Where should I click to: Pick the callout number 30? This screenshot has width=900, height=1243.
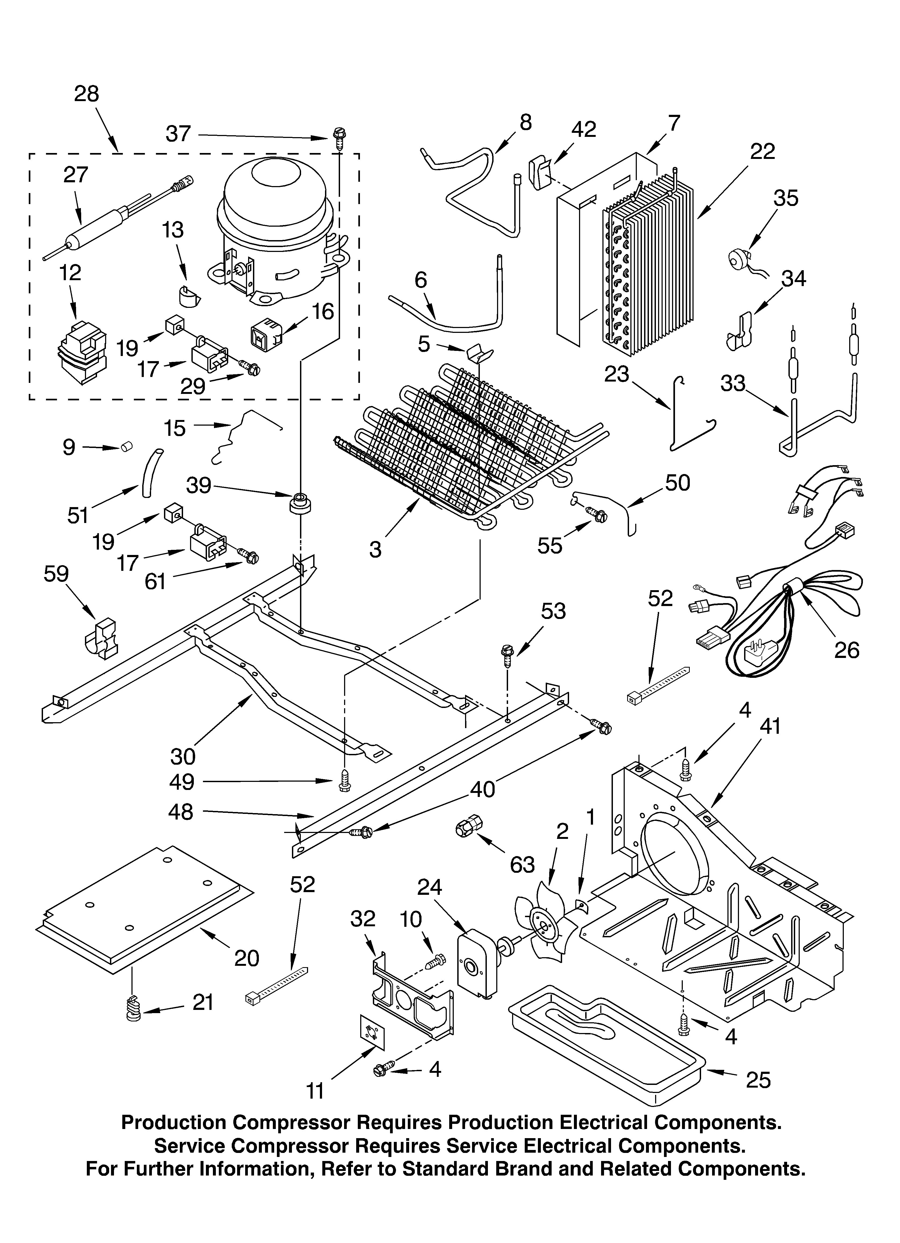[183, 756]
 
